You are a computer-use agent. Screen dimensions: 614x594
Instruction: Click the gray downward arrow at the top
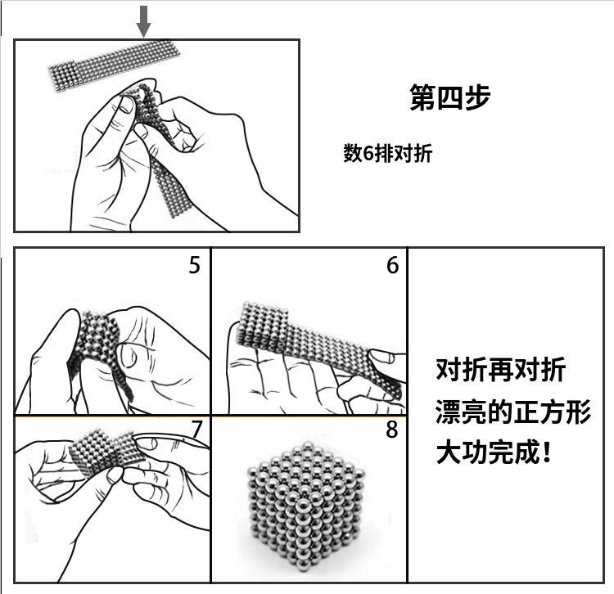(143, 21)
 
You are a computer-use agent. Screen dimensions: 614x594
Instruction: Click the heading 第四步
(450, 97)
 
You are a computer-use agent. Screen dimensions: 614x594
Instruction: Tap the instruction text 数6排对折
(388, 153)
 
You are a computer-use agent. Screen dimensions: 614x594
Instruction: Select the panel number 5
(195, 265)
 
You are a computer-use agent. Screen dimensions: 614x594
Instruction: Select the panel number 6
(393, 265)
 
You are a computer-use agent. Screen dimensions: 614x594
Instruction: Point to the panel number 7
(197, 430)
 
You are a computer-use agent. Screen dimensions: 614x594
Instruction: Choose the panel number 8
(392, 430)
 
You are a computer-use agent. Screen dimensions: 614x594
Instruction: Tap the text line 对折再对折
(500, 369)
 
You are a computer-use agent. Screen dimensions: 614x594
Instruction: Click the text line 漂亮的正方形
(513, 412)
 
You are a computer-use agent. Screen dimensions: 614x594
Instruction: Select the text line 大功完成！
(494, 452)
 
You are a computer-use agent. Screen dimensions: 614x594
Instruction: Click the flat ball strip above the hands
(115, 65)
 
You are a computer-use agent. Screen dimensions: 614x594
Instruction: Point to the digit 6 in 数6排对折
(368, 153)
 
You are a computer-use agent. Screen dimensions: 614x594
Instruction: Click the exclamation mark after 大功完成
(547, 452)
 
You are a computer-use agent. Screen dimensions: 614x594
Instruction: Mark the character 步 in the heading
(478, 97)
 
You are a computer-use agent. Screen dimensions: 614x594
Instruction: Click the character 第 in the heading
(422, 97)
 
